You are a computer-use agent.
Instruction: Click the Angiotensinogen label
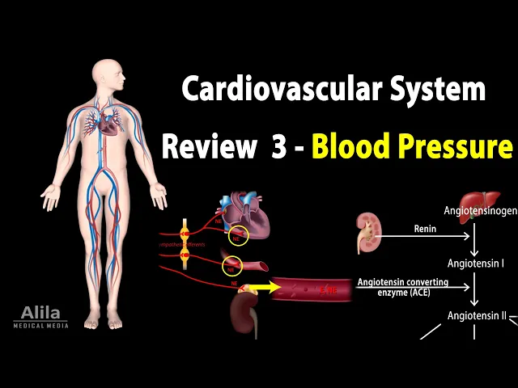(x=481, y=211)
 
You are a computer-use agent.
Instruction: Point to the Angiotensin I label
(x=476, y=264)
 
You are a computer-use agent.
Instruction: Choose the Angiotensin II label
(x=477, y=316)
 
